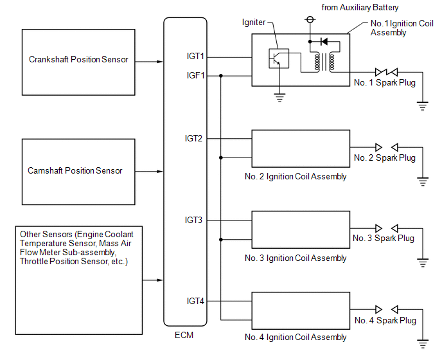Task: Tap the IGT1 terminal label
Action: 195,56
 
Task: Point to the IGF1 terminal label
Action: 195,75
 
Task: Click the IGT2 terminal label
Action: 193,138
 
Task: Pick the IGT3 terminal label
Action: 193,220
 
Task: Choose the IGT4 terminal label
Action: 195,301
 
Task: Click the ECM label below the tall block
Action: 184,335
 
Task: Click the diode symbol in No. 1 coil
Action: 324,42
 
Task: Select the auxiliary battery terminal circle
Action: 310,19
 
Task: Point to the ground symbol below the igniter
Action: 279,98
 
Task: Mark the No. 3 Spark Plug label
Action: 384,239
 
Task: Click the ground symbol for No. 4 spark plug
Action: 423,344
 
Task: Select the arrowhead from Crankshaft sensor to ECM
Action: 160,62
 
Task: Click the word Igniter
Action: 254,22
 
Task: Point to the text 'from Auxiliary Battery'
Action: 360,8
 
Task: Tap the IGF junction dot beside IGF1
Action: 221,76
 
